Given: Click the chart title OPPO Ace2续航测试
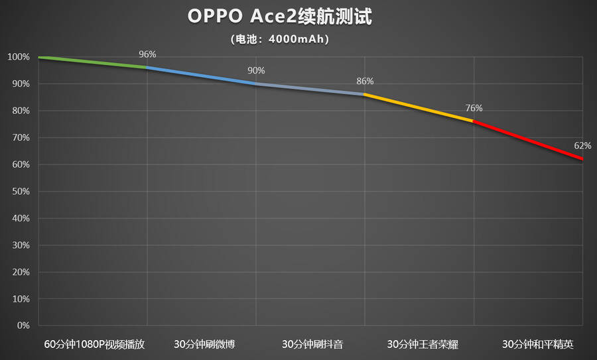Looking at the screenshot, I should click(x=285, y=16).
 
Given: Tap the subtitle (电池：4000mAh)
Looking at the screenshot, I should click(x=280, y=39).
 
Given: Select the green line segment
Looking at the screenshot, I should click(x=93, y=62).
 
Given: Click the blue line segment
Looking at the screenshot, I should click(x=201, y=76).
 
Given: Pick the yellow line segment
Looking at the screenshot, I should click(x=419, y=107).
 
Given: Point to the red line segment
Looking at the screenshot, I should click(x=529, y=141).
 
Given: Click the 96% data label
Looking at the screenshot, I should click(x=147, y=54).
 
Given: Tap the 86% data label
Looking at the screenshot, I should click(x=365, y=81).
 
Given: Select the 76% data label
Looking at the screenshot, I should click(x=474, y=108).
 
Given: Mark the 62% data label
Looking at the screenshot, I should click(x=583, y=145).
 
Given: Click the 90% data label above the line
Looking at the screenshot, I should click(x=256, y=70).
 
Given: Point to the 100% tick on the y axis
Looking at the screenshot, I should click(x=18, y=57).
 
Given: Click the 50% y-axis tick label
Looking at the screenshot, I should click(x=20, y=192).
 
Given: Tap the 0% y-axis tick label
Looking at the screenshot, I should click(x=23, y=326).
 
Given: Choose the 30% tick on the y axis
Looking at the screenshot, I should click(x=20, y=245).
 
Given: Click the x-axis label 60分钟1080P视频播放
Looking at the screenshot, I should click(x=94, y=344).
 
